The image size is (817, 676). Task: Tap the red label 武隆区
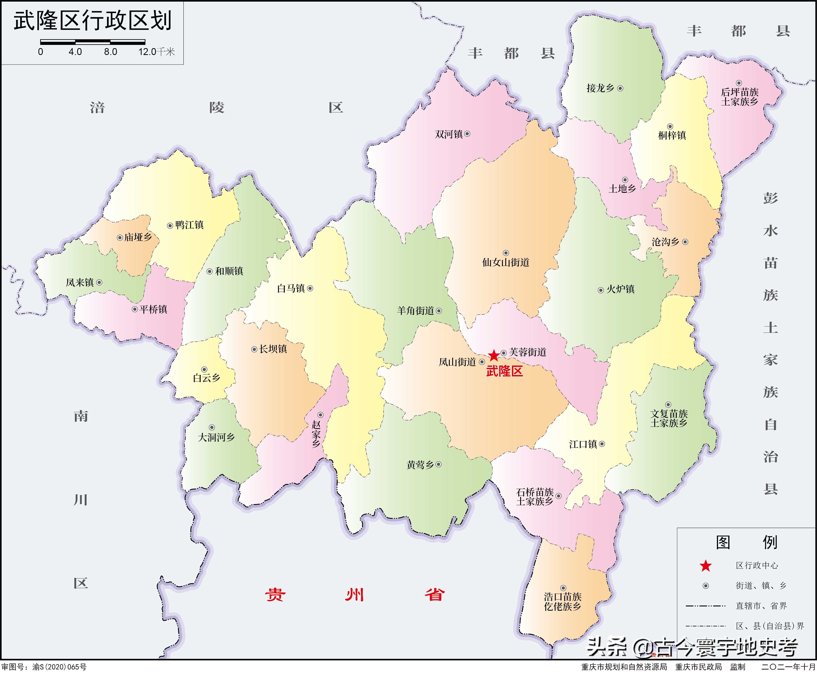(504, 371)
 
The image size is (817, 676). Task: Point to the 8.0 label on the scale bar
(110, 52)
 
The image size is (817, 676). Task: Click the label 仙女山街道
(506, 263)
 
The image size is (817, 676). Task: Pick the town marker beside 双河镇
(467, 134)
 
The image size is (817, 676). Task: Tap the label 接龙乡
(600, 88)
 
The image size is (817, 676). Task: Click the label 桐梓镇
(672, 135)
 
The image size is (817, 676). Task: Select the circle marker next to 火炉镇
(601, 290)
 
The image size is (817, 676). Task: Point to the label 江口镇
(583, 444)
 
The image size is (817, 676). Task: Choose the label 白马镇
(291, 289)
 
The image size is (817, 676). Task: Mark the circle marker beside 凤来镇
(99, 283)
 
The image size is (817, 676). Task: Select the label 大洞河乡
(216, 437)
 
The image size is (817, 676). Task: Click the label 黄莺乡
(420, 465)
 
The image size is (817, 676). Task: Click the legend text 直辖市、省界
(761, 606)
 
